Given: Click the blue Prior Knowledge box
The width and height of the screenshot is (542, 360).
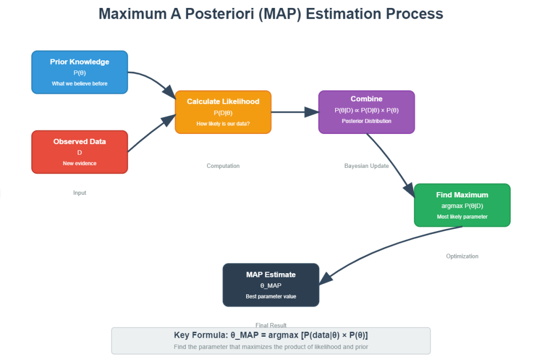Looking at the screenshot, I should pos(79,72).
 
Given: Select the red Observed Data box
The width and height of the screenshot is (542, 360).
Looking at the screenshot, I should pos(79,152).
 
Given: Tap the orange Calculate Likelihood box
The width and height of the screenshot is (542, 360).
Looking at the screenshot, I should pos(223,112).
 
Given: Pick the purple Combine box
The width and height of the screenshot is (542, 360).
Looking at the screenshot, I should pos(366,112).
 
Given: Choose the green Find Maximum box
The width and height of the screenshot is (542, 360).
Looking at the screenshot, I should pos(462,205).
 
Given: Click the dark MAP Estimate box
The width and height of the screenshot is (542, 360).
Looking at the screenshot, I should pos(270,285).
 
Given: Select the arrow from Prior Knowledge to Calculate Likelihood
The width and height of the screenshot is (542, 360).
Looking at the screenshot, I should pos(153,80).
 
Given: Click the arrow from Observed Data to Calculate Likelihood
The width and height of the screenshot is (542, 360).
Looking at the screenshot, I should pos(151,134).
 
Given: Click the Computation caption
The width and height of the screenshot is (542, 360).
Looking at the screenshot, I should pos(223,166).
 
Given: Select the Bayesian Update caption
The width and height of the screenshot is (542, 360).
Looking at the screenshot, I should pos(366,166).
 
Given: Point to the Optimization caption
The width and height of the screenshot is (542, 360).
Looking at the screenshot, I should pos(462,256).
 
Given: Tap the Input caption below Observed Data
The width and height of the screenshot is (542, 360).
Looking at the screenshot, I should pos(79,193).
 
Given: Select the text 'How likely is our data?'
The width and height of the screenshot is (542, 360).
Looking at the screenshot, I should pos(223,123).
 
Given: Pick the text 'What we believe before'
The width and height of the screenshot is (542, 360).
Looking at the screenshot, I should pos(79,84).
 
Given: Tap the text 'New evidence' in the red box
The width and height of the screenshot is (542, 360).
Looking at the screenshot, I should pos(79,163).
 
